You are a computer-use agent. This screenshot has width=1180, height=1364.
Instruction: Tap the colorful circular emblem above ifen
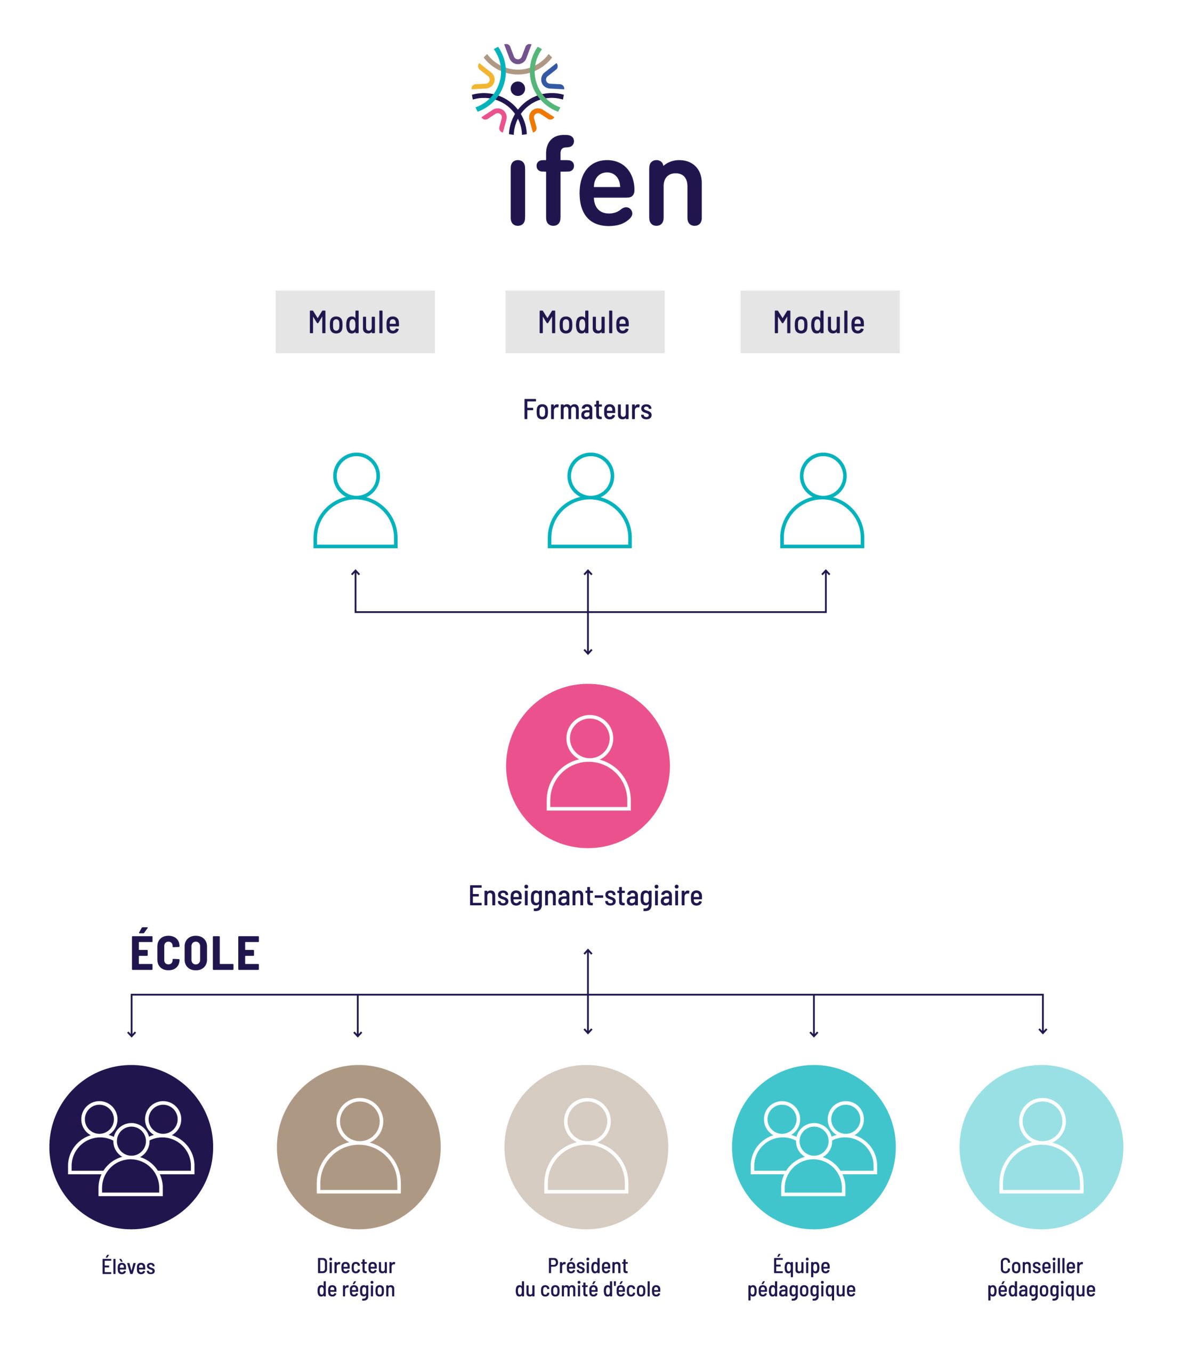click(518, 89)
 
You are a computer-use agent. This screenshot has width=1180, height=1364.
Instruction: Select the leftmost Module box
click(355, 322)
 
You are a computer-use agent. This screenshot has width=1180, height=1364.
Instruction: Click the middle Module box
click(585, 322)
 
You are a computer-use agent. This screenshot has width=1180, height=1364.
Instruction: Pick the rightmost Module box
click(820, 322)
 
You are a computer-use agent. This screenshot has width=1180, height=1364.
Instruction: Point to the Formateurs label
click(587, 410)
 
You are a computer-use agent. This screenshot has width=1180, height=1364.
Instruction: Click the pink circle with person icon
click(588, 766)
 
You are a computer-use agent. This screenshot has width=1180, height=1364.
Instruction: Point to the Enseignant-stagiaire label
click(585, 896)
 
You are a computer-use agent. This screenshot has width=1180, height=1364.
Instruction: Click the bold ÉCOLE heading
click(195, 953)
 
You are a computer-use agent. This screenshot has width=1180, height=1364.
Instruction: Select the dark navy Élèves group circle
click(131, 1147)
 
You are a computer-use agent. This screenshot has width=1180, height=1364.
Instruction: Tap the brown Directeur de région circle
click(358, 1147)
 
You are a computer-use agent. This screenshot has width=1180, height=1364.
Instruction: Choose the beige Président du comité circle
click(586, 1147)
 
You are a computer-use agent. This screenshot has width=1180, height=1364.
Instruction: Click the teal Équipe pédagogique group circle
click(814, 1147)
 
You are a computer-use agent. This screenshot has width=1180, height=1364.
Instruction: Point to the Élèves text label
click(128, 1266)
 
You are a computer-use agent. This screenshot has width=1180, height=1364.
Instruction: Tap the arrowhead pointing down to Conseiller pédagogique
click(1042, 1031)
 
